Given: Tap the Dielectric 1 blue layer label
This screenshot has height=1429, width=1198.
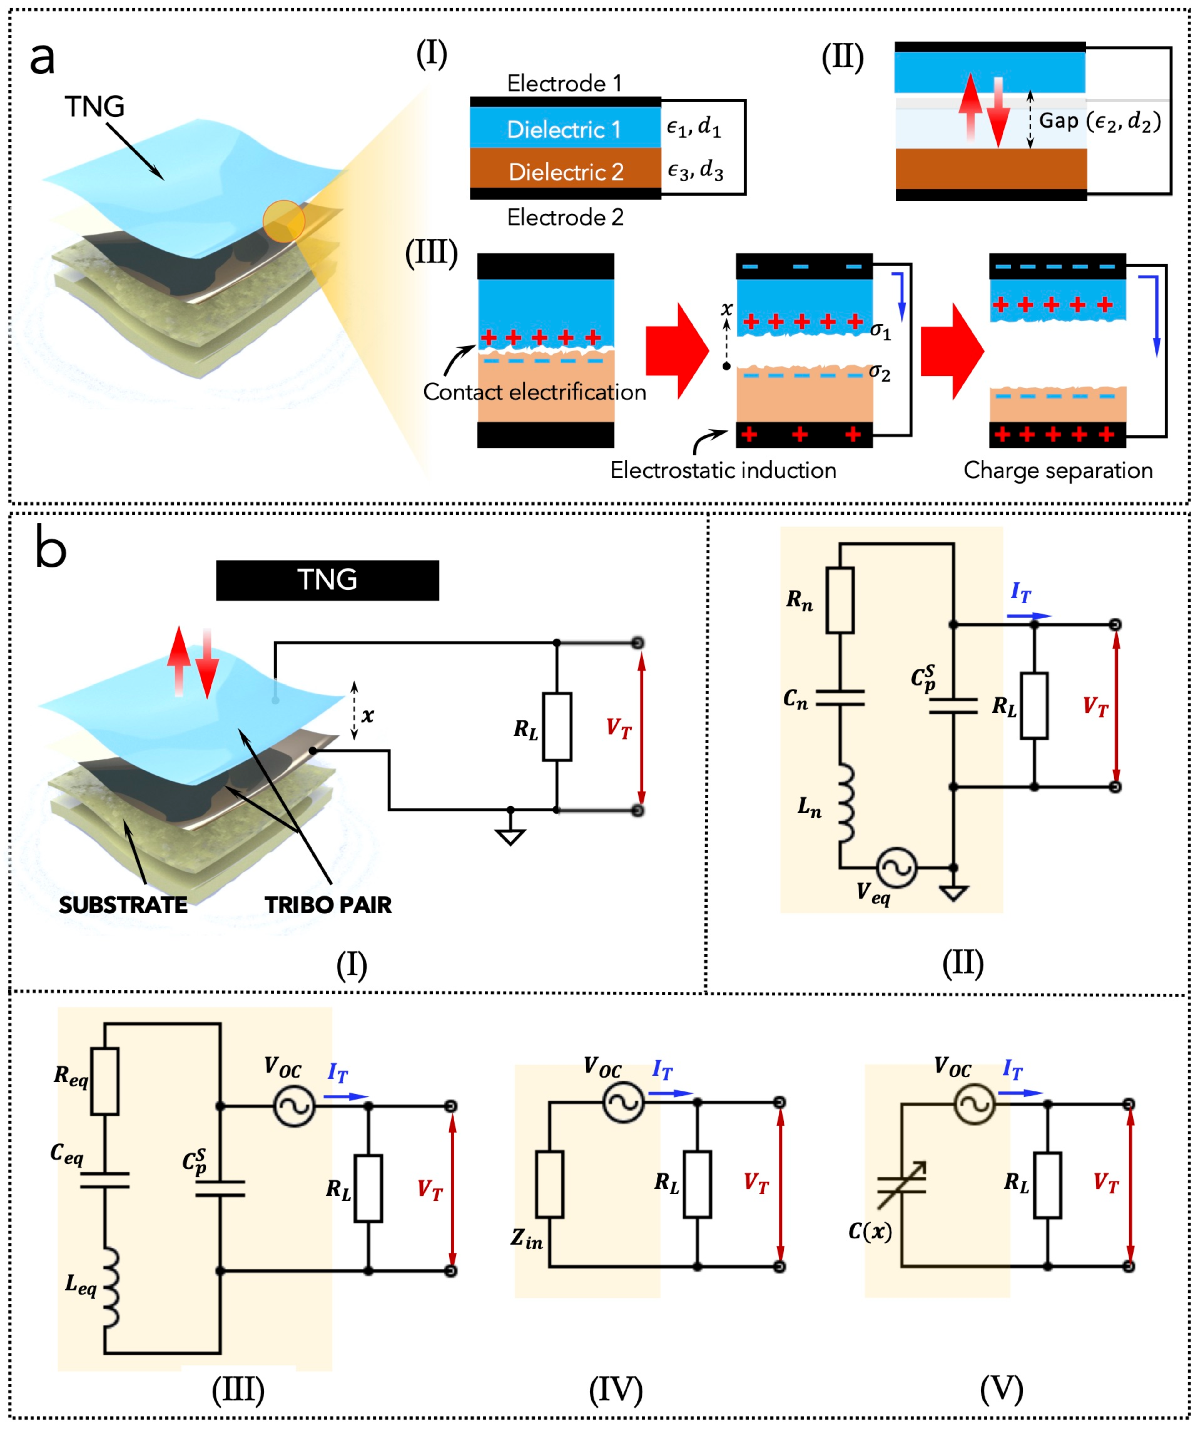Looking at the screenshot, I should [564, 129].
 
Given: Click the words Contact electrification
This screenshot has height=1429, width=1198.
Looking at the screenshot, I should [534, 392].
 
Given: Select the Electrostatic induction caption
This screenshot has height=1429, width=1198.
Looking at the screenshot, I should [723, 470].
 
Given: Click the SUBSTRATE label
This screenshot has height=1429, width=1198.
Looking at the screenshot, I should [123, 905].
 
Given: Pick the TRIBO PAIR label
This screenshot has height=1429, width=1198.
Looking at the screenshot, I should [328, 905].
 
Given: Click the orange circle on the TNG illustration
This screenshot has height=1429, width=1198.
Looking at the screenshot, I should [284, 221].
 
